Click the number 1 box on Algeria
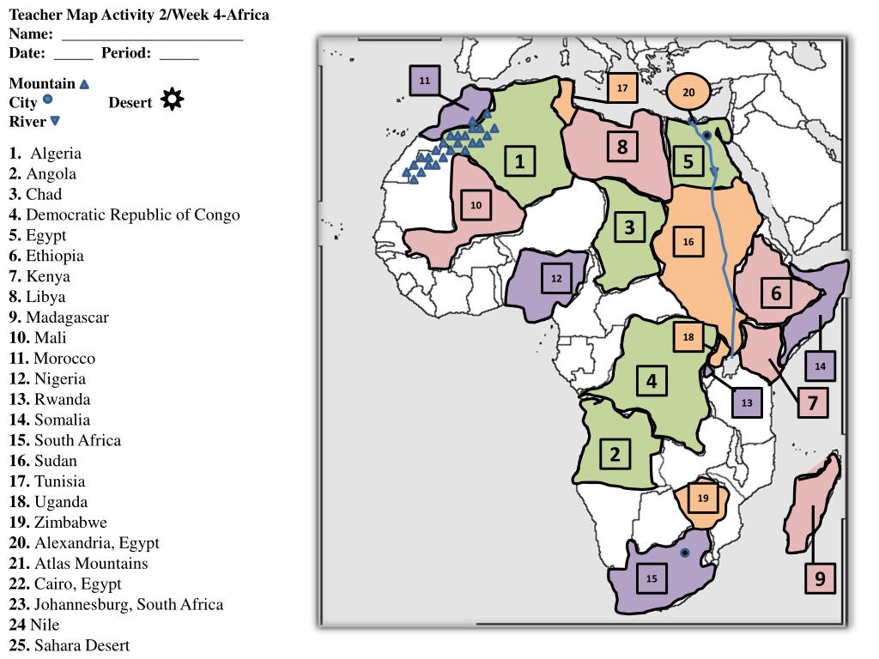520,160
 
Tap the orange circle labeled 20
688,94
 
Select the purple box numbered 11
425,81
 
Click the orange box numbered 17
622,88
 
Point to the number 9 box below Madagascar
820,578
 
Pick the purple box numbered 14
820,366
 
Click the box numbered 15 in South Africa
652,578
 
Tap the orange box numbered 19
703,499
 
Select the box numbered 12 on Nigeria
556,278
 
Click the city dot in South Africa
684,553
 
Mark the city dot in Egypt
707,136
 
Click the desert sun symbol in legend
173,100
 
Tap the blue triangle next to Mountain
84,84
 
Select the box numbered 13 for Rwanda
747,402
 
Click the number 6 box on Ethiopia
777,293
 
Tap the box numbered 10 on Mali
476,205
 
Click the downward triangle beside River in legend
55,122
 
